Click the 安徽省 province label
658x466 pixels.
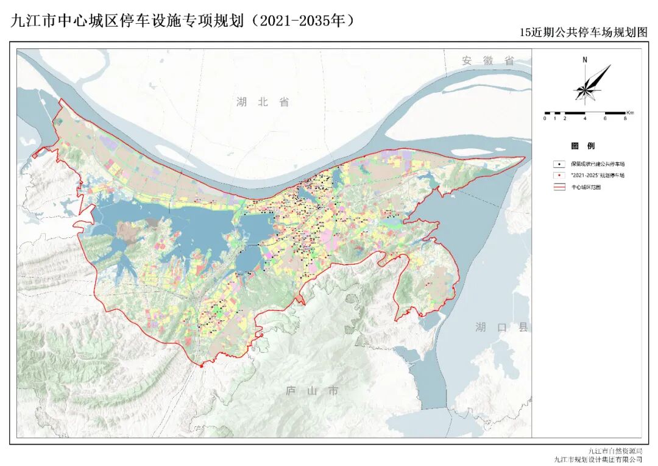coord(488,60)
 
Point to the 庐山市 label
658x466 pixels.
coord(312,391)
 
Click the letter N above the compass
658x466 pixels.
coord(584,60)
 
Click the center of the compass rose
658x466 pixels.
coord(585,90)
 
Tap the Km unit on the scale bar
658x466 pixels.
coord(630,113)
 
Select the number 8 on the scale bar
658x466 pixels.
coord(625,118)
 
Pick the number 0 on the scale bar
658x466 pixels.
coord(545,118)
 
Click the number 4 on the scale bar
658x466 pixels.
coord(585,118)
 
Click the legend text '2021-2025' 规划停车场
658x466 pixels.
coord(598,176)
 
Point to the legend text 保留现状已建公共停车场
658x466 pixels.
coord(598,164)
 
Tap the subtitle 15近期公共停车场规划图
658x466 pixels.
coord(582,34)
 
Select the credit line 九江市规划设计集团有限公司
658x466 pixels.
coord(598,459)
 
